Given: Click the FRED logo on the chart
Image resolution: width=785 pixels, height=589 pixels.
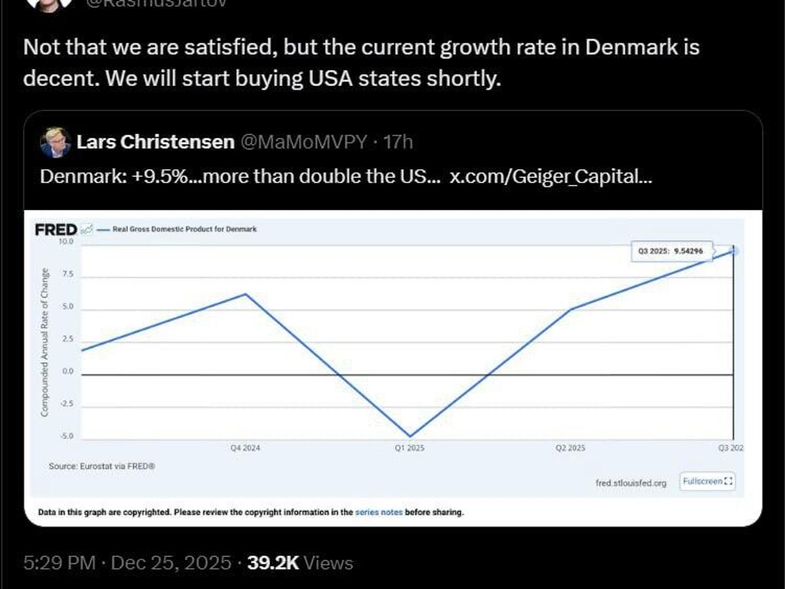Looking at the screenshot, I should click(56, 230).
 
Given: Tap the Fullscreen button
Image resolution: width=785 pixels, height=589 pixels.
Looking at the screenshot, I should click(707, 481).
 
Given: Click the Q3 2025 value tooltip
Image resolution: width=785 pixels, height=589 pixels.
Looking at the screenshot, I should click(671, 251).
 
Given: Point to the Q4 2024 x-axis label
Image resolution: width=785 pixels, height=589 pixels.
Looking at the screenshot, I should click(245, 448).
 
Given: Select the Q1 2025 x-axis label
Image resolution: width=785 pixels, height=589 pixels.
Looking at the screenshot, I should click(410, 448).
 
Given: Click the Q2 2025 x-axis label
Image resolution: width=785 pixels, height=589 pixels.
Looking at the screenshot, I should click(570, 448).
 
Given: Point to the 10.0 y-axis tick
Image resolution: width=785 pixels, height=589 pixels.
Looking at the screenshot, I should click(66, 242).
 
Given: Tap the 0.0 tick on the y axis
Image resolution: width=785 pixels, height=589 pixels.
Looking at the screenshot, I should click(68, 371).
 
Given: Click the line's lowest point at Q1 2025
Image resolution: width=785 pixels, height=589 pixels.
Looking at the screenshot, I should click(410, 436).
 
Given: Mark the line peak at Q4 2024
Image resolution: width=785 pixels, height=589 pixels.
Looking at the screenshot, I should click(246, 294).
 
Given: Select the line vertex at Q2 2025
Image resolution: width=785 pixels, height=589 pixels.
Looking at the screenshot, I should click(571, 309).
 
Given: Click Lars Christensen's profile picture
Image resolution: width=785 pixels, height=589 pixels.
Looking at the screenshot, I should click(55, 143).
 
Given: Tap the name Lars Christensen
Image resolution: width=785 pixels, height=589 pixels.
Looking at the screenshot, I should click(155, 142).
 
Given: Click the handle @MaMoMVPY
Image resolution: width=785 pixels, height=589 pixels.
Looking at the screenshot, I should click(304, 142).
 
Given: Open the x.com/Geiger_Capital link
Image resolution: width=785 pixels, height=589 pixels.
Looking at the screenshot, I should click(550, 177).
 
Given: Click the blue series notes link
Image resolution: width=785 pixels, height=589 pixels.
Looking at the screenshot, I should click(379, 512).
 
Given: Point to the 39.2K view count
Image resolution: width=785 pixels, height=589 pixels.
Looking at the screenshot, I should click(273, 563).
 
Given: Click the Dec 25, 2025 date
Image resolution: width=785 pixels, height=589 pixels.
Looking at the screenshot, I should click(171, 563).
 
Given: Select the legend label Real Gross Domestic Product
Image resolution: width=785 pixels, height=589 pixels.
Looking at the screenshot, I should click(184, 229).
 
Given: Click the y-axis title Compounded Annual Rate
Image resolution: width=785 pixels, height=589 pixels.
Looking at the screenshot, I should click(45, 343).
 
